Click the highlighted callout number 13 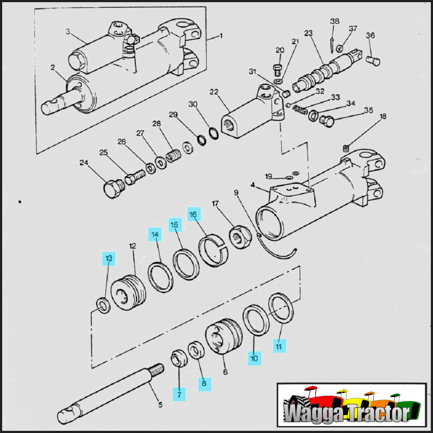tap(109, 259)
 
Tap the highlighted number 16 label tap(194, 214)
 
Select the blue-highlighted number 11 tap(279, 346)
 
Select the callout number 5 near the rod tap(160, 405)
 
